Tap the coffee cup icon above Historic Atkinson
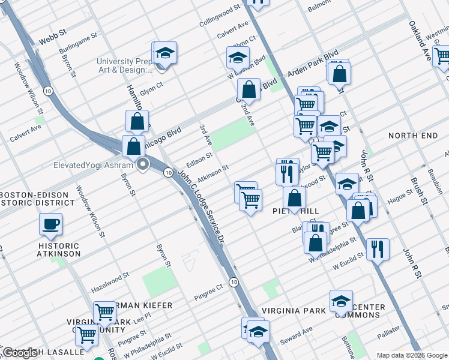pyautogui.click(x=50, y=224)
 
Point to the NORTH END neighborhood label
pyautogui.click(x=413, y=136)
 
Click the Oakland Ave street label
pyautogui.click(x=420, y=43)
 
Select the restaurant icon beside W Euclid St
pyautogui.click(x=377, y=248)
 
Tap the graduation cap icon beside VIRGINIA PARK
pyautogui.click(x=341, y=301)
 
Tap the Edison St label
pyautogui.click(x=199, y=157)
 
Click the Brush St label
pyautogui.click(x=423, y=190)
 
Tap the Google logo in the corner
pyautogui.click(x=20, y=353)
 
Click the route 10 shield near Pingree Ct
pyautogui.click(x=234, y=281)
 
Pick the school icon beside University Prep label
pyautogui.click(x=164, y=53)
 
